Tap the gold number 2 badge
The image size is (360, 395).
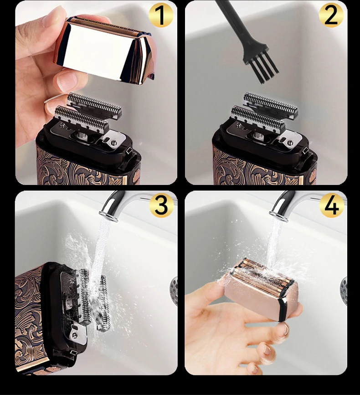pos(331,16)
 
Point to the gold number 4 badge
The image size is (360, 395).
pos(331,205)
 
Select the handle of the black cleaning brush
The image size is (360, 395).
pos(232,23)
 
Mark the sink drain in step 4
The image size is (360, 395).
pos(344,287)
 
